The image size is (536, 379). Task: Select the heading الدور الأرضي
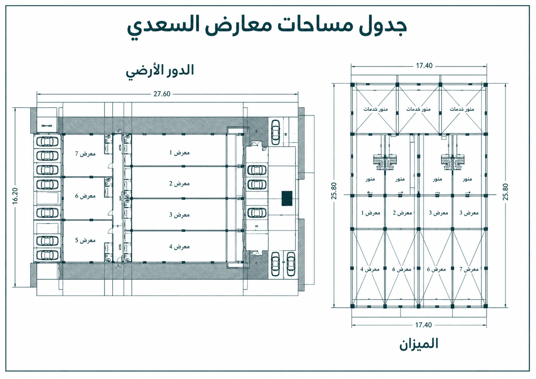(x=160, y=71)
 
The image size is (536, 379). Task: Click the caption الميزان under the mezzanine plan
(x=419, y=344)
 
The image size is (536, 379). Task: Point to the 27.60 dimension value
(x=162, y=94)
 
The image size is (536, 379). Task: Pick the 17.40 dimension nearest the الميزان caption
(x=423, y=325)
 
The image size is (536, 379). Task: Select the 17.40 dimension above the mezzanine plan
(x=424, y=66)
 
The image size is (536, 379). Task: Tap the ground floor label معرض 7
(x=86, y=154)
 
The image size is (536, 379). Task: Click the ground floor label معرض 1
(x=180, y=152)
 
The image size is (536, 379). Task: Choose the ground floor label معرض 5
(x=86, y=240)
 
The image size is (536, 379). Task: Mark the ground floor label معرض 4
(x=180, y=246)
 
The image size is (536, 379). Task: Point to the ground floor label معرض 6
(x=86, y=196)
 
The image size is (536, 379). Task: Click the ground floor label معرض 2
(x=180, y=184)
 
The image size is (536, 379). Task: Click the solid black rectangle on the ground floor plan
(x=287, y=198)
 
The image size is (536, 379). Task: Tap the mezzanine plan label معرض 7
(x=469, y=269)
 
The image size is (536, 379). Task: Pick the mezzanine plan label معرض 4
(x=370, y=269)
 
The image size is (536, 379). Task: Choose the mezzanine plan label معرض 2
(x=402, y=213)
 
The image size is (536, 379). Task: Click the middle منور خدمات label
(x=418, y=109)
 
